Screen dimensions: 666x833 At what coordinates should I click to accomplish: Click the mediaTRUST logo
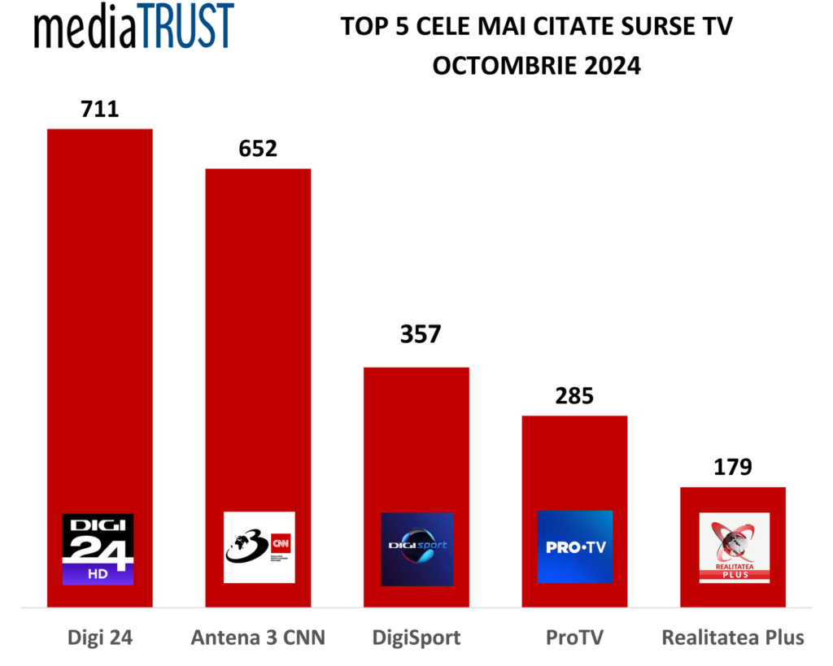(134, 27)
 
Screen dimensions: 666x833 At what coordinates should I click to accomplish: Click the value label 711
(100, 108)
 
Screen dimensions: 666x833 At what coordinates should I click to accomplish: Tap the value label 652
(258, 148)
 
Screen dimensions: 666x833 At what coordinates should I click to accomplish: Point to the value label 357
(416, 334)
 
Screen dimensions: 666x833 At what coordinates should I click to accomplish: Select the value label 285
(574, 396)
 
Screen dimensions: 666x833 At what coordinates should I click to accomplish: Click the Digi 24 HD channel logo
(98, 549)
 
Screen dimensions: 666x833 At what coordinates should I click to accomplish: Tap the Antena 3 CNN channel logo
(259, 547)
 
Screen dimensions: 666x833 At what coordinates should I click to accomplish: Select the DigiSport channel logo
(416, 549)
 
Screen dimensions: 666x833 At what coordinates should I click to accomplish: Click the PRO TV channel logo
(574, 547)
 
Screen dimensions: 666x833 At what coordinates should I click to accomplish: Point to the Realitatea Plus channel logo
(734, 547)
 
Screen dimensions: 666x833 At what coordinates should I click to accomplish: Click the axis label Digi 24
(99, 637)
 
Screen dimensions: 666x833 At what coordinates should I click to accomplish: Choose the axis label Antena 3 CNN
(258, 637)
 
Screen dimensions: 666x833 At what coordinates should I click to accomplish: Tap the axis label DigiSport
(416, 637)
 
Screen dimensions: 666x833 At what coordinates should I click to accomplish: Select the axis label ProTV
(574, 637)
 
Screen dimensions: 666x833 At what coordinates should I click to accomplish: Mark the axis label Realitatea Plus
(733, 637)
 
